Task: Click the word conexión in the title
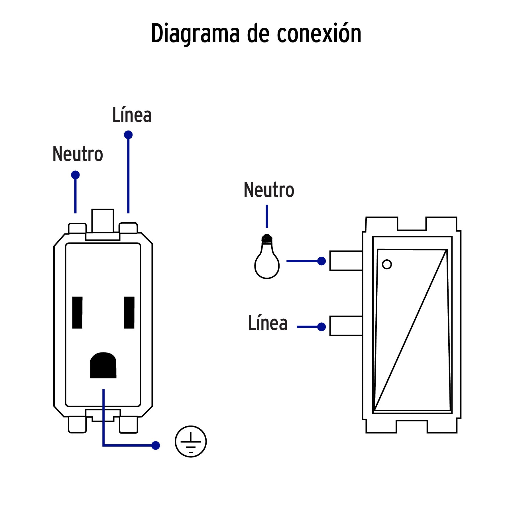tap(319, 34)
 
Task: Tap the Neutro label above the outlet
tap(78, 154)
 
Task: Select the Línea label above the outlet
tap(132, 115)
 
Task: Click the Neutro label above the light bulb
tap(269, 190)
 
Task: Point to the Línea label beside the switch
tap(267, 323)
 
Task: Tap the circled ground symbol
tap(191, 441)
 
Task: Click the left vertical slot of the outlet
tap(77, 312)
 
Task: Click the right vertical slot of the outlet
tap(129, 312)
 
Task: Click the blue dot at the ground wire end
tap(156, 445)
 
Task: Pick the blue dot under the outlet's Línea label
tap(128, 135)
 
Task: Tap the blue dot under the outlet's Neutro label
tap(75, 175)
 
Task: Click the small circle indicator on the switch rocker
tap(386, 264)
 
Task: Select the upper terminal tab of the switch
tap(346, 260)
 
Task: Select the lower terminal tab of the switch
tap(346, 326)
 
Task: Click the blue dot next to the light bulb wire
tap(321, 261)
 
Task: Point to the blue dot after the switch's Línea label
tap(321, 327)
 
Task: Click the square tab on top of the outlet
tap(103, 221)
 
